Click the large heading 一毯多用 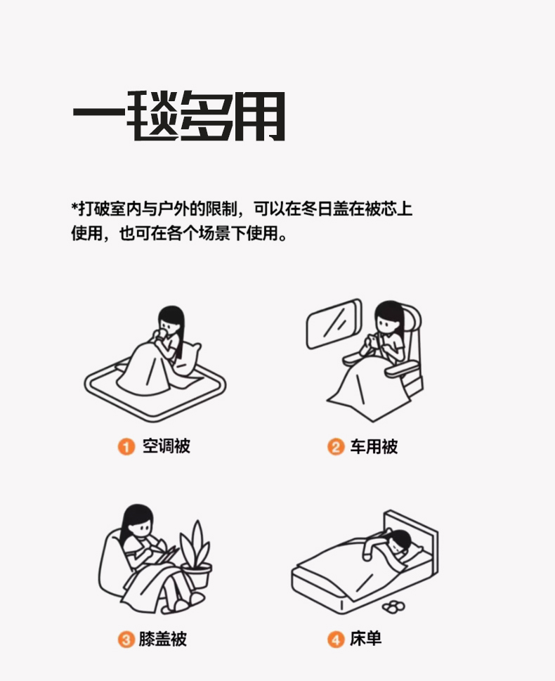click(x=178, y=115)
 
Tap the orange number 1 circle click(x=126, y=446)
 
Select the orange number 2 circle click(x=336, y=446)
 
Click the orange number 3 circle click(x=126, y=640)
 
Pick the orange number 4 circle click(x=336, y=640)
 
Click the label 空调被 click(x=166, y=446)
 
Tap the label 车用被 click(x=374, y=446)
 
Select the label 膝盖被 click(x=163, y=639)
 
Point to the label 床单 click(x=365, y=638)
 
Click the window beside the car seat click(x=334, y=323)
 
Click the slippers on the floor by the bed click(x=393, y=607)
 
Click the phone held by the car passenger click(x=372, y=338)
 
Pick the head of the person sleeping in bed click(x=400, y=542)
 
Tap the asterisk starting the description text click(x=74, y=205)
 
